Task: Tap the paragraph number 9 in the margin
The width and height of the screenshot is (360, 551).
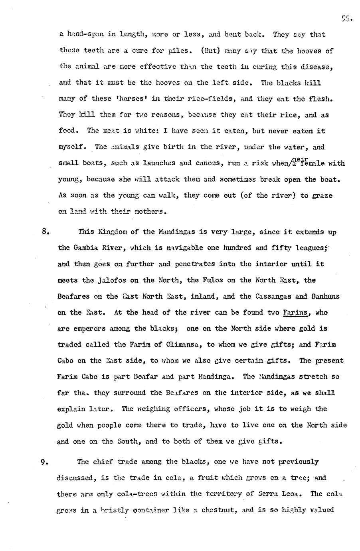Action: point(44,462)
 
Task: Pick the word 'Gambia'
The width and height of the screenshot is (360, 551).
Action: point(87,248)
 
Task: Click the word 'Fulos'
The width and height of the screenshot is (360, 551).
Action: point(206,280)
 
